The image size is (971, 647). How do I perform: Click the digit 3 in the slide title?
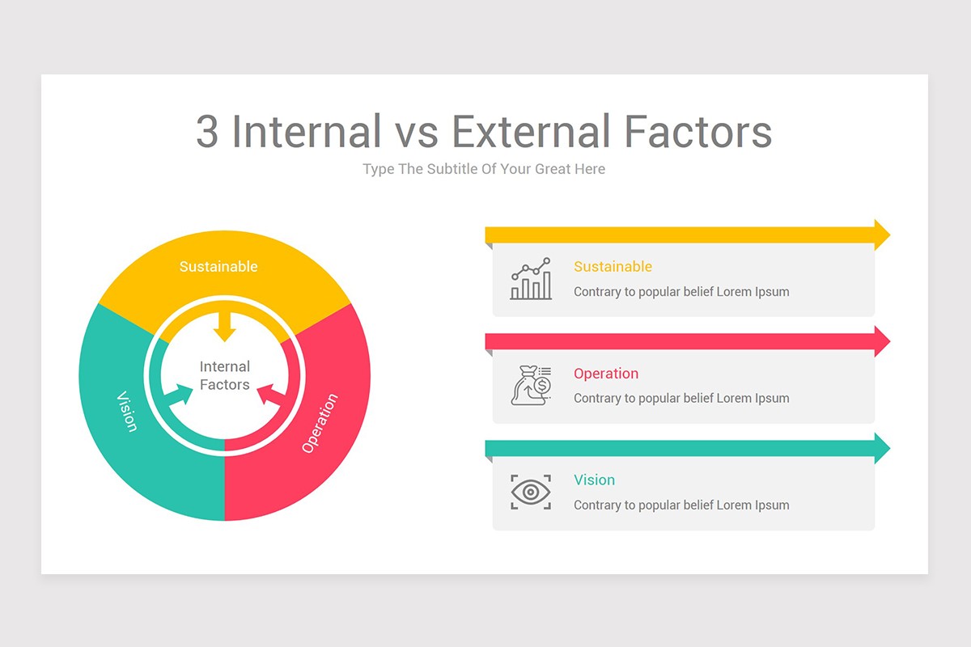click(x=208, y=132)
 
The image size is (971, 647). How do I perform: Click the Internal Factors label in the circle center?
click(x=225, y=376)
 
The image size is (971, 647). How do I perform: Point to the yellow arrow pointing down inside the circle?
click(x=225, y=325)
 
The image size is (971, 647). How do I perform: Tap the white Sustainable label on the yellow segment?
click(x=218, y=267)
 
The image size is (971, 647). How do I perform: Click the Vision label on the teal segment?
click(x=127, y=411)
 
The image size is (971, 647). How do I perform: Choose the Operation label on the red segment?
click(x=320, y=422)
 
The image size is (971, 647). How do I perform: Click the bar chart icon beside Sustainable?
click(x=531, y=279)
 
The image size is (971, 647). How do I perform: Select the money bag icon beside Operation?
click(x=531, y=385)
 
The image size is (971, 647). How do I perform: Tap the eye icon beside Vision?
click(x=531, y=492)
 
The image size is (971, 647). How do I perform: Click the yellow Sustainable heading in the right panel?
click(x=613, y=267)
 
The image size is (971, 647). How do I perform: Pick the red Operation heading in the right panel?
click(x=606, y=374)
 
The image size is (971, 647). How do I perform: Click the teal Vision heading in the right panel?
click(x=594, y=480)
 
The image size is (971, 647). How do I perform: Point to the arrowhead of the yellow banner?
click(x=881, y=235)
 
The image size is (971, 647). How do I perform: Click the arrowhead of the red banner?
click(x=881, y=341)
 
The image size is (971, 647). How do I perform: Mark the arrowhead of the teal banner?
click(x=881, y=448)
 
